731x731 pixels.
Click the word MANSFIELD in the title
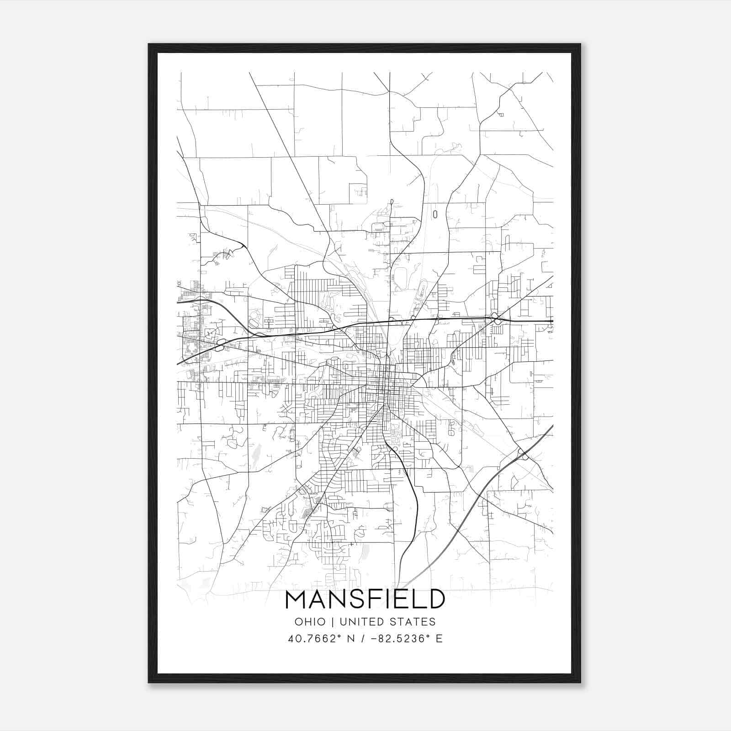(365, 599)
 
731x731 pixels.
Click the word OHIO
(310, 622)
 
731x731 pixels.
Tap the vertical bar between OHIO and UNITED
(333, 622)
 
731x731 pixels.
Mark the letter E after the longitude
(439, 639)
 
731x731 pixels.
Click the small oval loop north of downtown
(434, 214)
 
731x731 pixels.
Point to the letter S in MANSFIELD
(359, 599)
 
